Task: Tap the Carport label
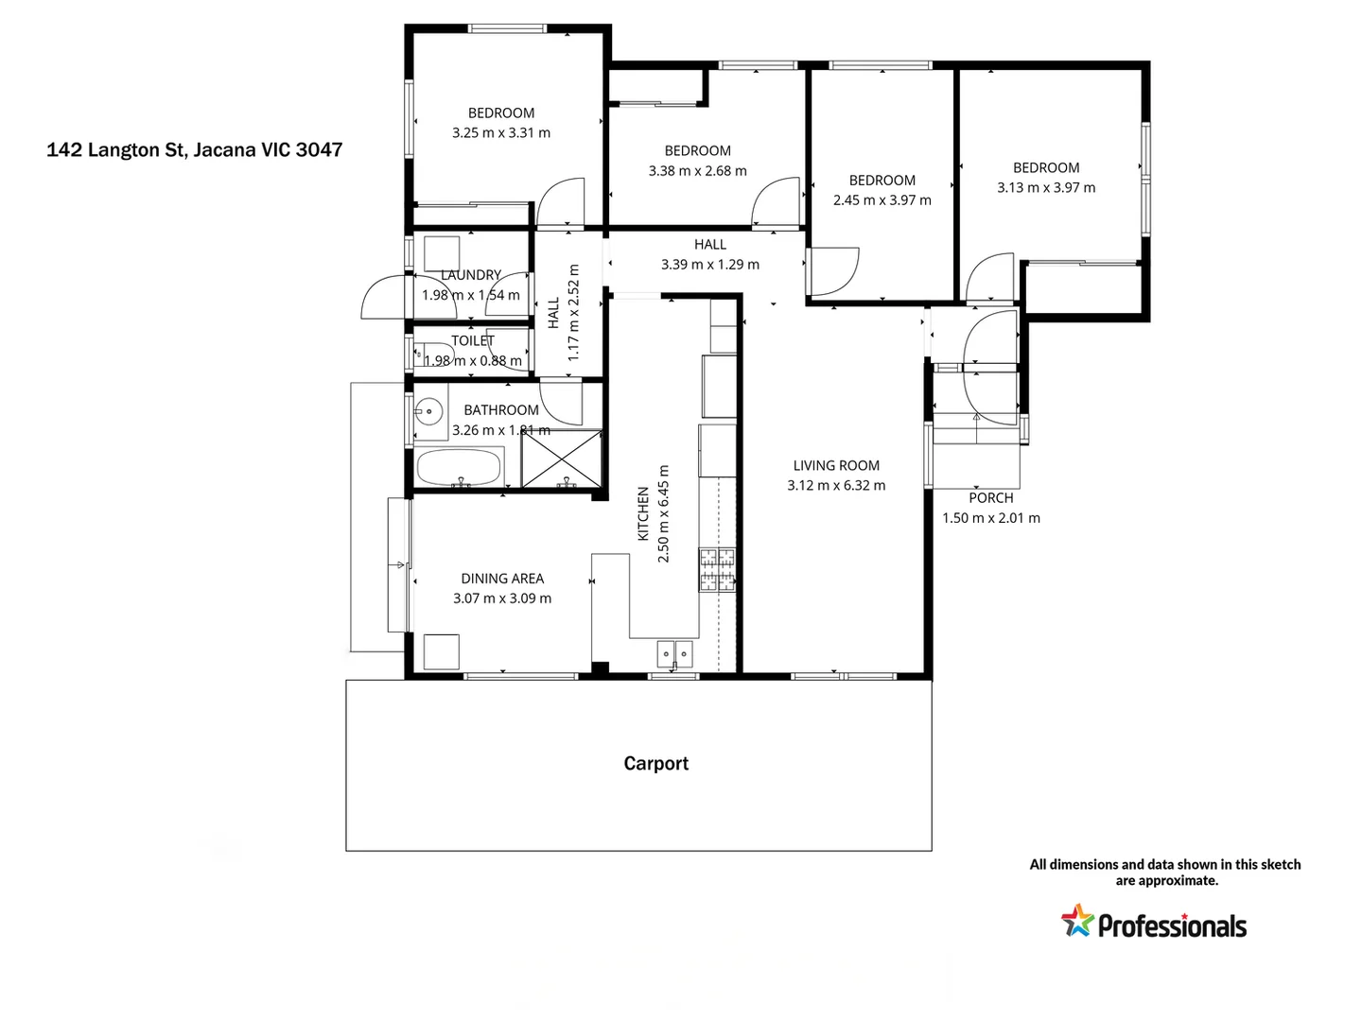click(655, 764)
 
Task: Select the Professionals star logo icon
click(1076, 921)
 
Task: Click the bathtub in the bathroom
click(459, 467)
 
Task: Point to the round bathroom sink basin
click(429, 411)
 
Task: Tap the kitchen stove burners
click(717, 570)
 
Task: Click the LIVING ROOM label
click(836, 465)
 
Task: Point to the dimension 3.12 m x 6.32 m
click(836, 486)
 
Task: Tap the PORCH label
click(990, 498)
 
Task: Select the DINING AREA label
click(502, 579)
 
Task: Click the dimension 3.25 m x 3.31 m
click(500, 133)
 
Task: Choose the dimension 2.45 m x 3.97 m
click(882, 200)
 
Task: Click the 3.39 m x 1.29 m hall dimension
click(709, 265)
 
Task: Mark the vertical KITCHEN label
click(643, 514)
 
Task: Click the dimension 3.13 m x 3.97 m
click(1046, 188)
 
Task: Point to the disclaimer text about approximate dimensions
click(1164, 872)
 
